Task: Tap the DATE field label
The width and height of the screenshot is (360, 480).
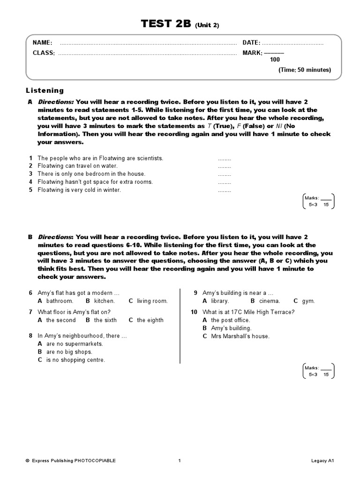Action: [251, 43]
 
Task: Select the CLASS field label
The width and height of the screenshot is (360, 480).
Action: [44, 53]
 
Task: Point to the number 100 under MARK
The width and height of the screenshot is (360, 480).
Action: [275, 60]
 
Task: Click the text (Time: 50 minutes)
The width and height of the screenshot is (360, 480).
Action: [305, 70]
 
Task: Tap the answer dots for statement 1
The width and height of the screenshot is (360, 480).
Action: [224, 158]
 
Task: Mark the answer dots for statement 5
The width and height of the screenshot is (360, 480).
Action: [224, 190]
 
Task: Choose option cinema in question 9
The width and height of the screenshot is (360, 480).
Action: [269, 301]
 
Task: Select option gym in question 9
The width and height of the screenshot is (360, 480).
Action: [308, 301]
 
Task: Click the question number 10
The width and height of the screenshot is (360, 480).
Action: [194, 312]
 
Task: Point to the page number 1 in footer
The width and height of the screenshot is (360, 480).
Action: [180, 461]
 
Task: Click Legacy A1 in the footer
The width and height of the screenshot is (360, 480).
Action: [322, 461]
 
